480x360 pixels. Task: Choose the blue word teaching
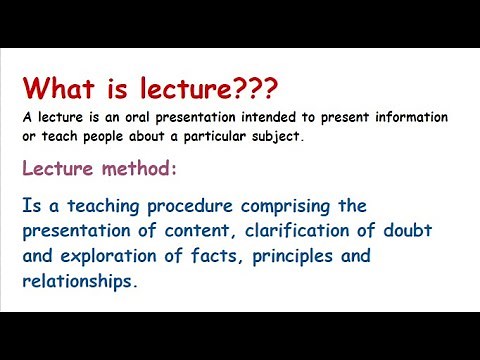(102, 206)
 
